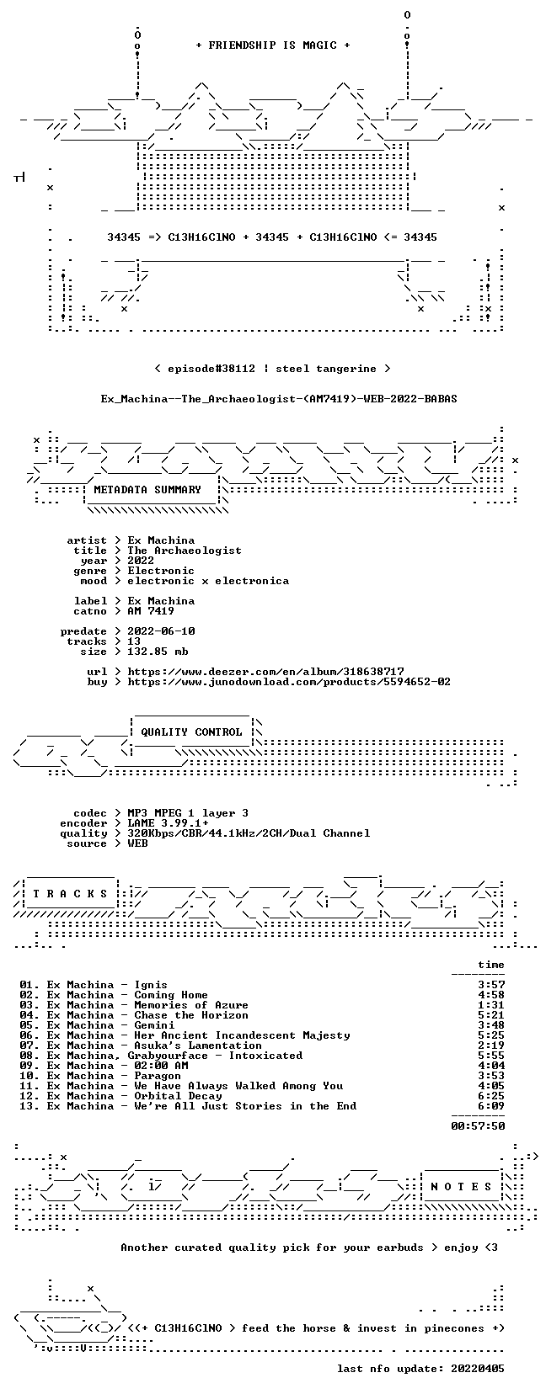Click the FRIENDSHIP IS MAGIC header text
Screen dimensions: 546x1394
pyautogui.click(x=273, y=45)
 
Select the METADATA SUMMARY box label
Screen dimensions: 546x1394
pyautogui.click(x=147, y=490)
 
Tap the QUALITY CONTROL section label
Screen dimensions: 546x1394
pyautogui.click(x=191, y=732)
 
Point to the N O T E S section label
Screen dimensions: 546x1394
pyautogui.click(x=461, y=1187)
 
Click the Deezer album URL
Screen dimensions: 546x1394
pyautogui.click(x=266, y=672)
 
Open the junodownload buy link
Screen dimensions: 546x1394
pyautogui.click(x=289, y=682)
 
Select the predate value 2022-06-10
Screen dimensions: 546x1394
pyautogui.click(x=161, y=631)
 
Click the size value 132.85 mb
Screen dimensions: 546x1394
pyautogui.click(x=158, y=652)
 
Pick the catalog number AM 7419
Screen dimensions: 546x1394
pyautogui.click(x=151, y=611)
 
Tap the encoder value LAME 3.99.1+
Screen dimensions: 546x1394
pyautogui.click(x=168, y=823)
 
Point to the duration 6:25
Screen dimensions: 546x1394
pyautogui.click(x=491, y=1096)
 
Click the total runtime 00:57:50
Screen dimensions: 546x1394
pyautogui.click(x=478, y=1126)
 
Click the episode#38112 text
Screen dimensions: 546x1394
pyautogui.click(x=211, y=369)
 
